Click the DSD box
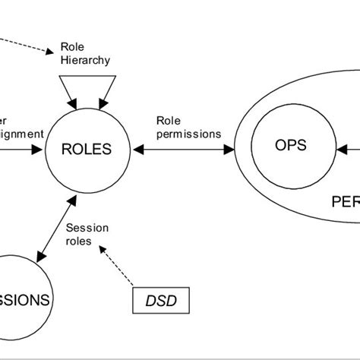point(162,299)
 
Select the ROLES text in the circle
point(87,150)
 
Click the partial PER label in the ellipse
point(345,202)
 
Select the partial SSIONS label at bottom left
point(25,299)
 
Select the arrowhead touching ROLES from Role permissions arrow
point(139,150)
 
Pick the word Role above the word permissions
point(167,120)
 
